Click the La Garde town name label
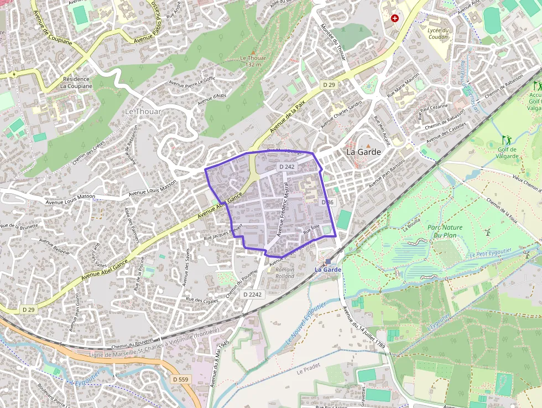[363, 151]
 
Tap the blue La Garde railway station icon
[328, 261]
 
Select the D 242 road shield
[286, 166]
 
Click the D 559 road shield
[180, 379]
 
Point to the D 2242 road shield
[252, 295]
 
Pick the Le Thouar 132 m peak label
[253, 61]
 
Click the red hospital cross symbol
[395, 18]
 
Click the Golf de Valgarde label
[507, 152]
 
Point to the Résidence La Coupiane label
[76, 82]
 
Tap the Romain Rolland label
[285, 272]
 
